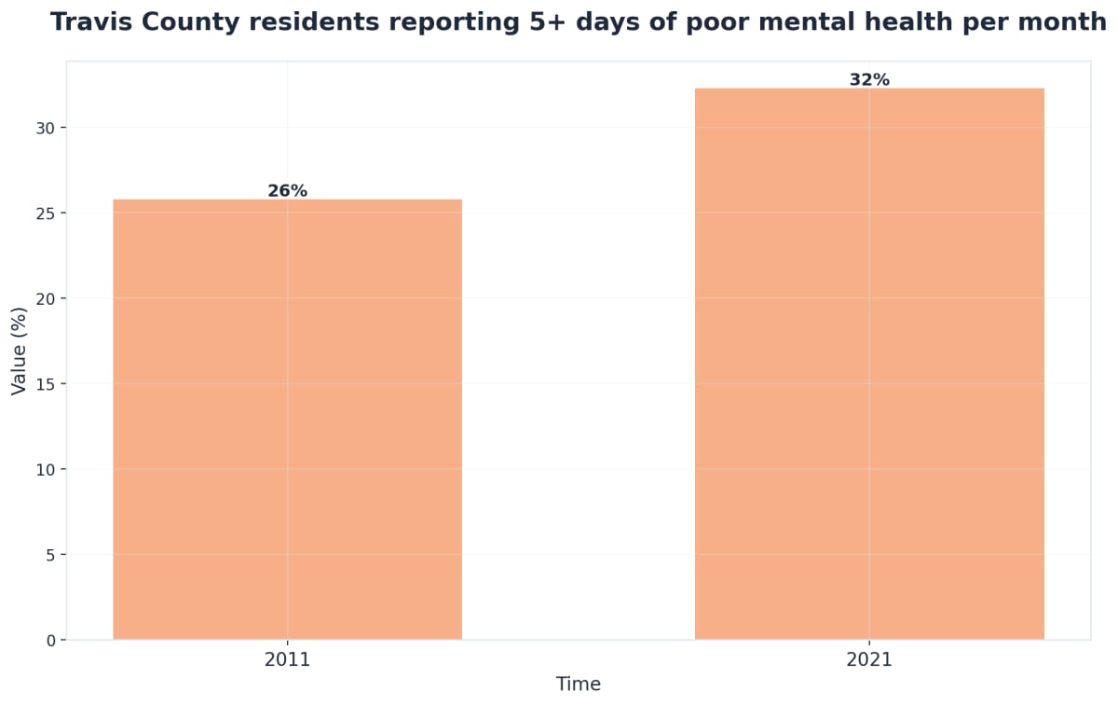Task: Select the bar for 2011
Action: point(287,420)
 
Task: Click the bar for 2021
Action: point(869,364)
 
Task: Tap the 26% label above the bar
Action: point(287,191)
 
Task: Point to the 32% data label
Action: point(869,80)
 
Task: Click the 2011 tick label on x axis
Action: point(287,660)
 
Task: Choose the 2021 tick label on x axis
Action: point(869,660)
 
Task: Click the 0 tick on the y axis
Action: point(50,641)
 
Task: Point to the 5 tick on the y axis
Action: point(50,555)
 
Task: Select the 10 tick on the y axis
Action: point(47,469)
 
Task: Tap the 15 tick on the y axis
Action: point(47,384)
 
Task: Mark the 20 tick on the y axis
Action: point(47,298)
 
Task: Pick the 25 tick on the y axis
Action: point(47,213)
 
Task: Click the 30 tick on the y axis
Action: point(47,128)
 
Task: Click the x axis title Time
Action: point(579,684)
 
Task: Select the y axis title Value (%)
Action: point(19,351)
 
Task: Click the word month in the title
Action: point(1060,22)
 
